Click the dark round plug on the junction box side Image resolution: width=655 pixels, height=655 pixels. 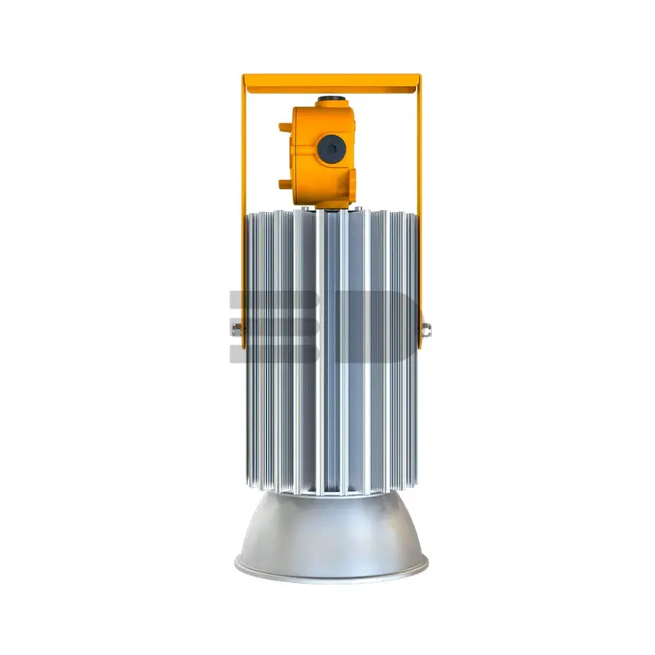pyautogui.click(x=331, y=149)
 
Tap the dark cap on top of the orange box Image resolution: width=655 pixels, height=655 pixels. pyautogui.click(x=332, y=100)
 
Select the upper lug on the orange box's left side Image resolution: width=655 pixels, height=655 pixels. pyautogui.click(x=285, y=127)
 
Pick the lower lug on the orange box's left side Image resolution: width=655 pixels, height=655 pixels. pyautogui.click(x=285, y=183)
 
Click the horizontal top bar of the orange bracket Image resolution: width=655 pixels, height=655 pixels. pyautogui.click(x=332, y=84)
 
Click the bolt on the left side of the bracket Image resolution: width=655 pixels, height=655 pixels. pyautogui.click(x=237, y=330)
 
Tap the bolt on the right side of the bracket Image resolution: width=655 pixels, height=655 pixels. pyautogui.click(x=426, y=330)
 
